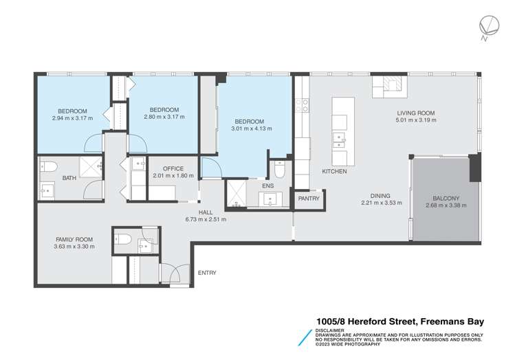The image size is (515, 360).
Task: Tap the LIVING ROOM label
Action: (416, 113)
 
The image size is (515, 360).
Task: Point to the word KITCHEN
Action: (334, 171)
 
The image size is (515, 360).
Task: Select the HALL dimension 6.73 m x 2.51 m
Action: (205, 219)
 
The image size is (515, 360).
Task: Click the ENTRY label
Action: (207, 273)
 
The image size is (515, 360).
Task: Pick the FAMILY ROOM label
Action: (75, 239)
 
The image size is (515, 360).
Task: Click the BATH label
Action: (69, 178)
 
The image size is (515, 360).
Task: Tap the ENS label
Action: (267, 185)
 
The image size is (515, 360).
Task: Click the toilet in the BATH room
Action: (47, 166)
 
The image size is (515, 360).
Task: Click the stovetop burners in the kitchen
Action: (301, 105)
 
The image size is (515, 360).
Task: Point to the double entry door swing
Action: (173, 273)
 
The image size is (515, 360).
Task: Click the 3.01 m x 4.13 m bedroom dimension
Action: (252, 128)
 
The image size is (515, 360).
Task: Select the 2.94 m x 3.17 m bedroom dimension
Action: (72, 117)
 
